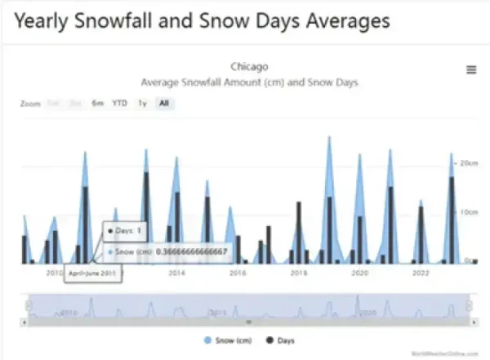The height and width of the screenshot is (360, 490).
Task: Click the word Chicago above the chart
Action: [250, 66]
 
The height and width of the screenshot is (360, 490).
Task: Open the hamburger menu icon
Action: [471, 70]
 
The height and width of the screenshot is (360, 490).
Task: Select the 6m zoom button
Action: [98, 104]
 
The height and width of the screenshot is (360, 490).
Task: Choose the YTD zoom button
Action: [119, 104]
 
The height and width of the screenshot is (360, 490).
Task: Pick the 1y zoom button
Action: [142, 104]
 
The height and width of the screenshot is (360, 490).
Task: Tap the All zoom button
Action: [164, 104]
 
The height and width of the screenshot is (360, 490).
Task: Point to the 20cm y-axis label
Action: [468, 163]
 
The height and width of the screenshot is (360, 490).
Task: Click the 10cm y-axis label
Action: [468, 212]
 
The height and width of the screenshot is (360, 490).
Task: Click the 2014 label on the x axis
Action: [176, 273]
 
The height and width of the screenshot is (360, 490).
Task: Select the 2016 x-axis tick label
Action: [238, 273]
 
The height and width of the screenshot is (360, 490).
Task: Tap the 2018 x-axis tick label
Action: [299, 273]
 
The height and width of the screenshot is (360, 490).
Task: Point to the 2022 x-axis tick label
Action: [420, 273]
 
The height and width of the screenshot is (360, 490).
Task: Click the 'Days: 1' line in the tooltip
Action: [129, 232]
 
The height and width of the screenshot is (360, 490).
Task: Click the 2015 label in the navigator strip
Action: [218, 312]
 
